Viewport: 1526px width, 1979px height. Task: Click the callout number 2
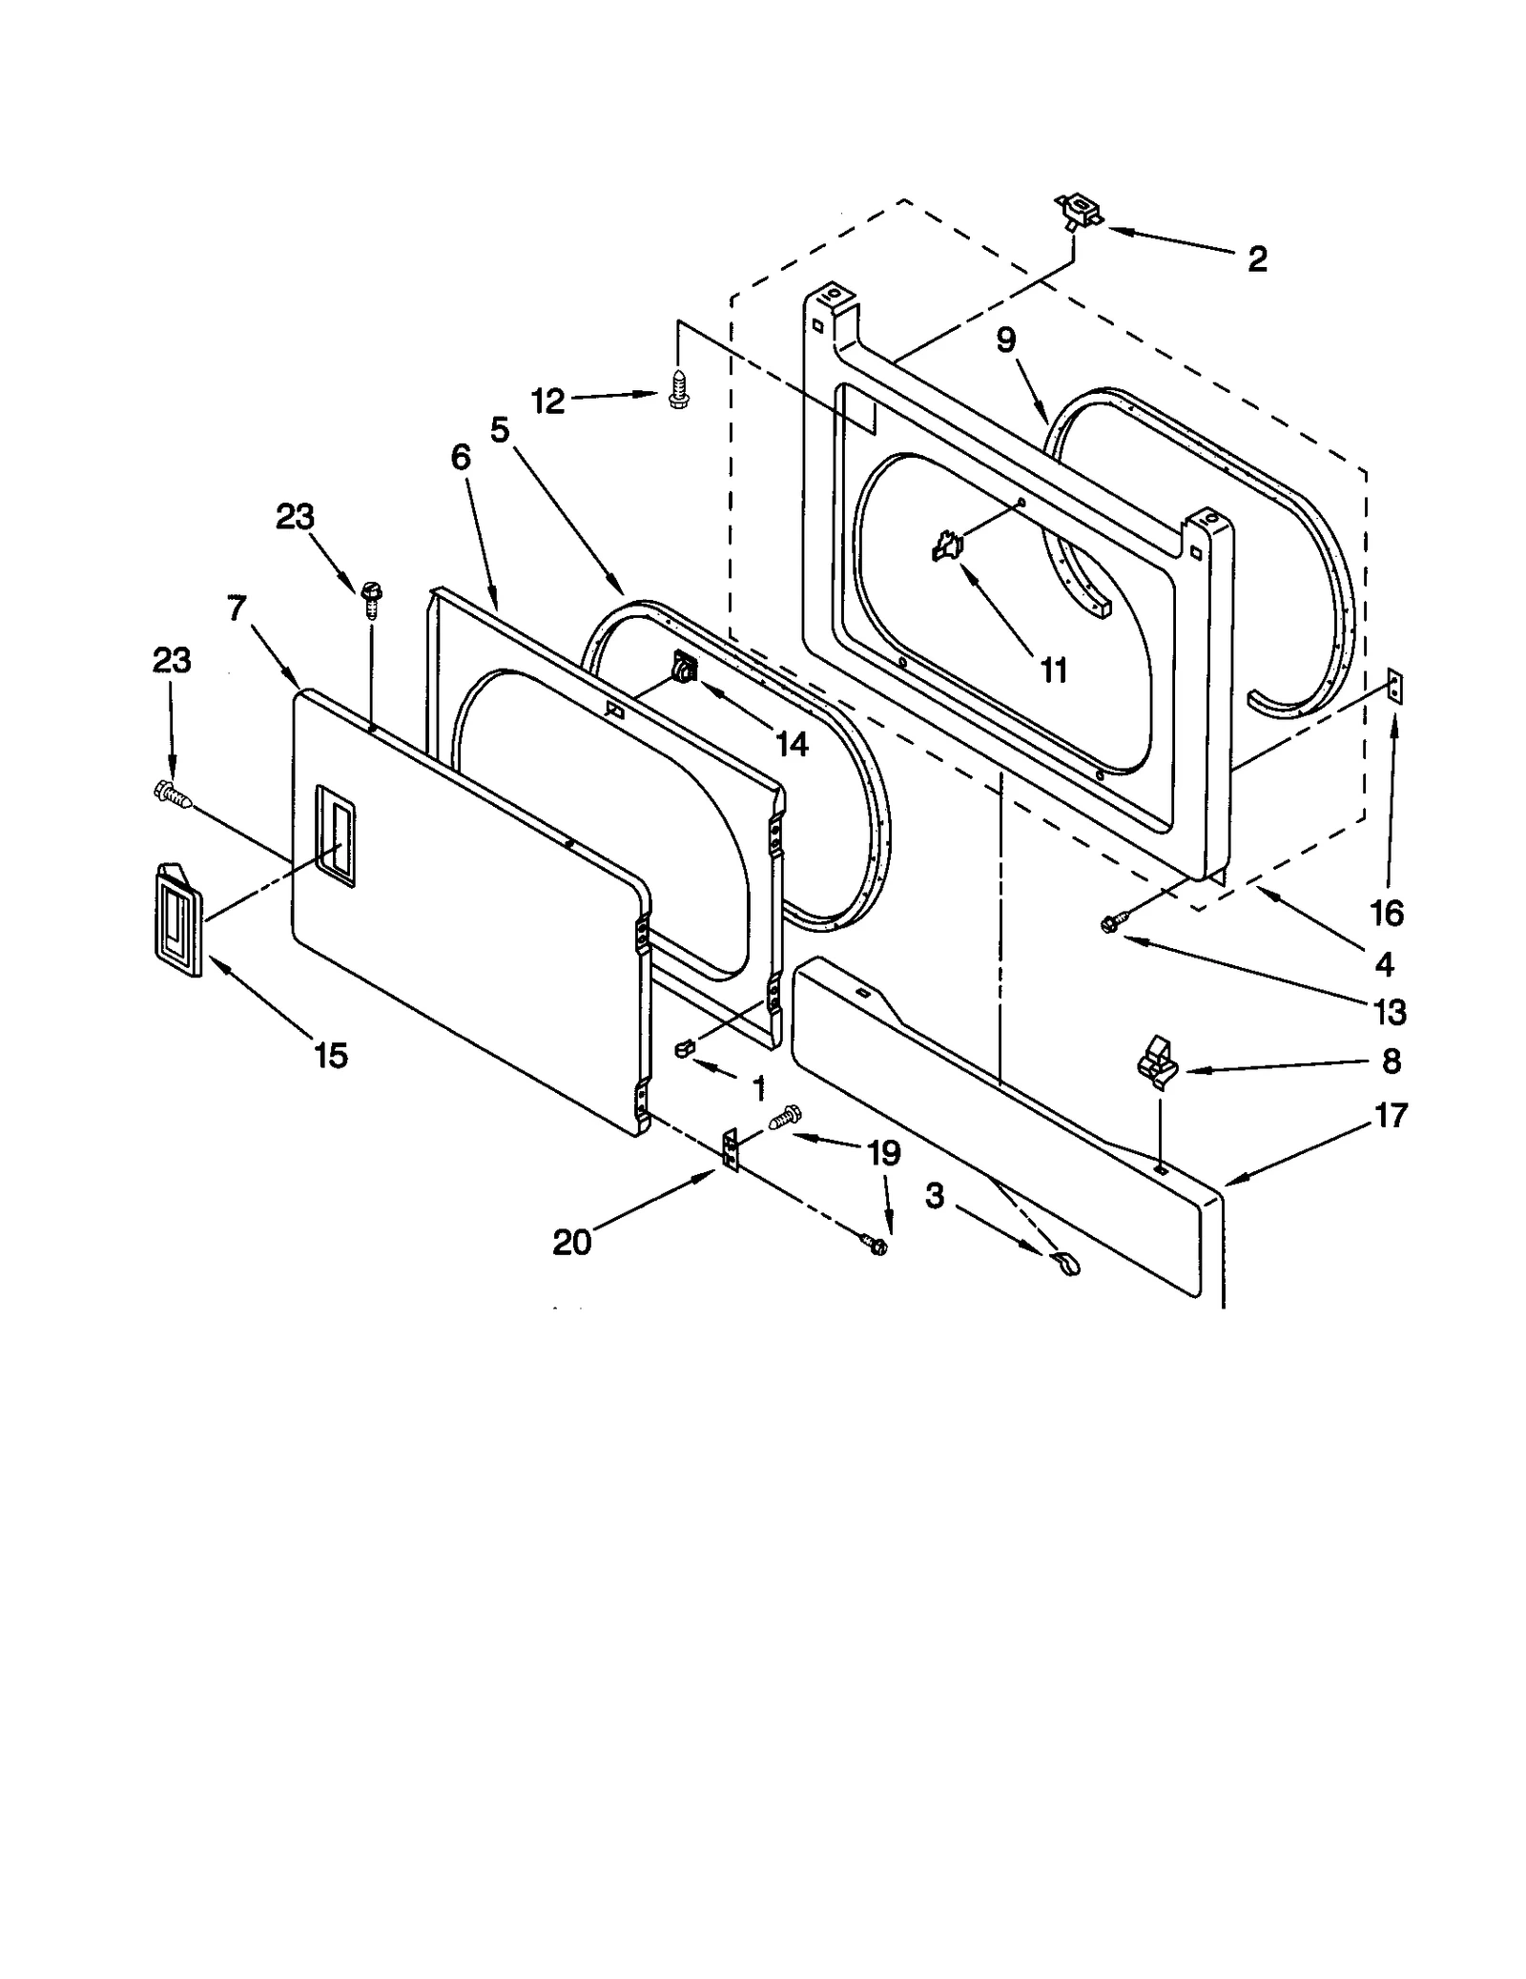[1257, 258]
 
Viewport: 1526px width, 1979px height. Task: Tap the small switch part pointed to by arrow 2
[1077, 211]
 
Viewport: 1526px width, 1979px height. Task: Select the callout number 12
[547, 402]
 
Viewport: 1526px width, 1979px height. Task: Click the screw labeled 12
[676, 390]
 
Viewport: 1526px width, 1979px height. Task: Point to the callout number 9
[1006, 340]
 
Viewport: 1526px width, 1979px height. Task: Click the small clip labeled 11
[946, 546]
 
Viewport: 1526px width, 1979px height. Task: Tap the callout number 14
[792, 743]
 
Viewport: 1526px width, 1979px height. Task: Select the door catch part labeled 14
[685, 666]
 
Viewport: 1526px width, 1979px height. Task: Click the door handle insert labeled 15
[175, 919]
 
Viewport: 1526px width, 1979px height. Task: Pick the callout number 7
[237, 608]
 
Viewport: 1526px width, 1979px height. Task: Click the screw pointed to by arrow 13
[1112, 921]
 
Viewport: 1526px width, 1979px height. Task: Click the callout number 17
[1392, 1114]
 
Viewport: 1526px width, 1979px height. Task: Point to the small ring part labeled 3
[1066, 1265]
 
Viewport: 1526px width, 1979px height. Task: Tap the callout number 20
[572, 1242]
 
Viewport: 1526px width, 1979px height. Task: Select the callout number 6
[461, 459]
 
